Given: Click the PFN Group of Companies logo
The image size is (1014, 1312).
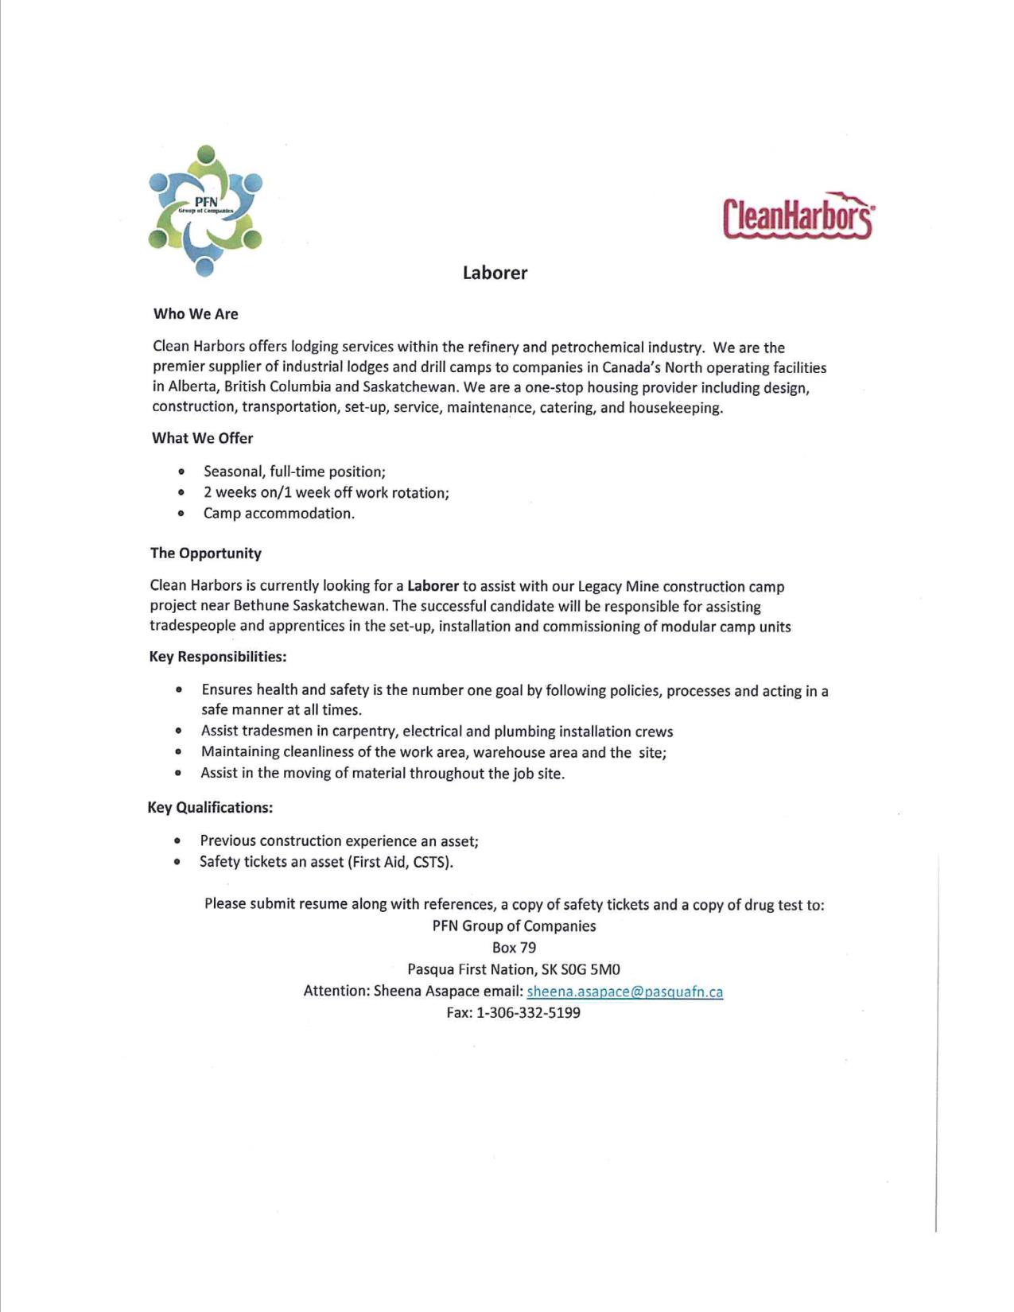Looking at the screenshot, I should click(205, 211).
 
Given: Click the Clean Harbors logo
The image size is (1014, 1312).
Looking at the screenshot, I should click(798, 215).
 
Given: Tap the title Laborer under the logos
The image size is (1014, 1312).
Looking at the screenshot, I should click(495, 273).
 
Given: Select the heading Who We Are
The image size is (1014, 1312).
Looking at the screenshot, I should click(196, 314).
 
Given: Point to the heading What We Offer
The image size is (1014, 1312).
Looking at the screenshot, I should click(202, 438).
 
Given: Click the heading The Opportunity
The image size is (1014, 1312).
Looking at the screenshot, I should click(205, 553).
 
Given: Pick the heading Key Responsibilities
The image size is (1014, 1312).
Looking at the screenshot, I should click(217, 657).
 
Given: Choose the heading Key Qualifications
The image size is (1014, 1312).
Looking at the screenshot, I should click(210, 808).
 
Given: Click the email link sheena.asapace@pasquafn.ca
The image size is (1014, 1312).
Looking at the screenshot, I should click(624, 992).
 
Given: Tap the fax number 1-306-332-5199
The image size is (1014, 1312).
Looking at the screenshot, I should click(528, 1013).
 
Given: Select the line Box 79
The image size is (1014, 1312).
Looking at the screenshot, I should click(514, 948).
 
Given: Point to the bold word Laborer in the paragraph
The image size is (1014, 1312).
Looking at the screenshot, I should click(433, 586).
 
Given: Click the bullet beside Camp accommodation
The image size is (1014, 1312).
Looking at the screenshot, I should click(182, 514).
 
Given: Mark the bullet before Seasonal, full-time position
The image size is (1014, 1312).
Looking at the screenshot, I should click(183, 472).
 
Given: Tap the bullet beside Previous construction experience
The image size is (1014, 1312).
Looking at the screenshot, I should click(177, 840).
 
